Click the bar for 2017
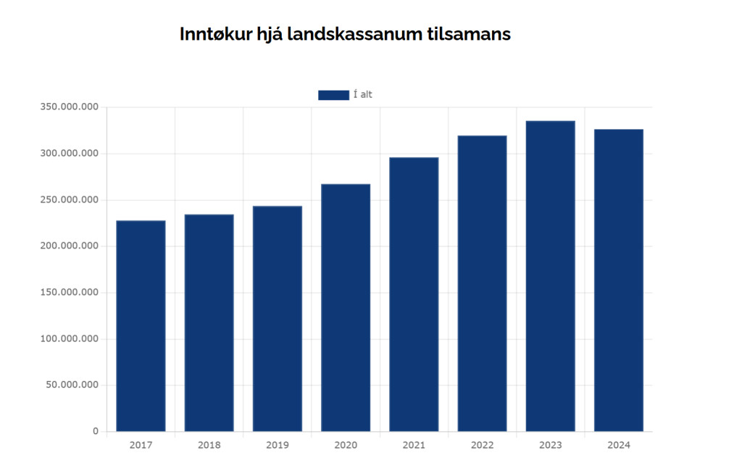[x=141, y=326]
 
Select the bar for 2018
[x=209, y=323]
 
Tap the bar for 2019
[x=278, y=319]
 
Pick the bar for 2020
[x=346, y=308]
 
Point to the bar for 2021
[x=414, y=294]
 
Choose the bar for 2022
[x=482, y=283]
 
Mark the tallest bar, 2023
[x=550, y=276]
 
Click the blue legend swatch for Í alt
[x=333, y=95]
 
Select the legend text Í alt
[x=362, y=95]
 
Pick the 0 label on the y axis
[x=95, y=432]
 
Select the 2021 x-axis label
[x=414, y=445]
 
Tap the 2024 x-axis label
[x=619, y=445]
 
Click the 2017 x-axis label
[x=141, y=445]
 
